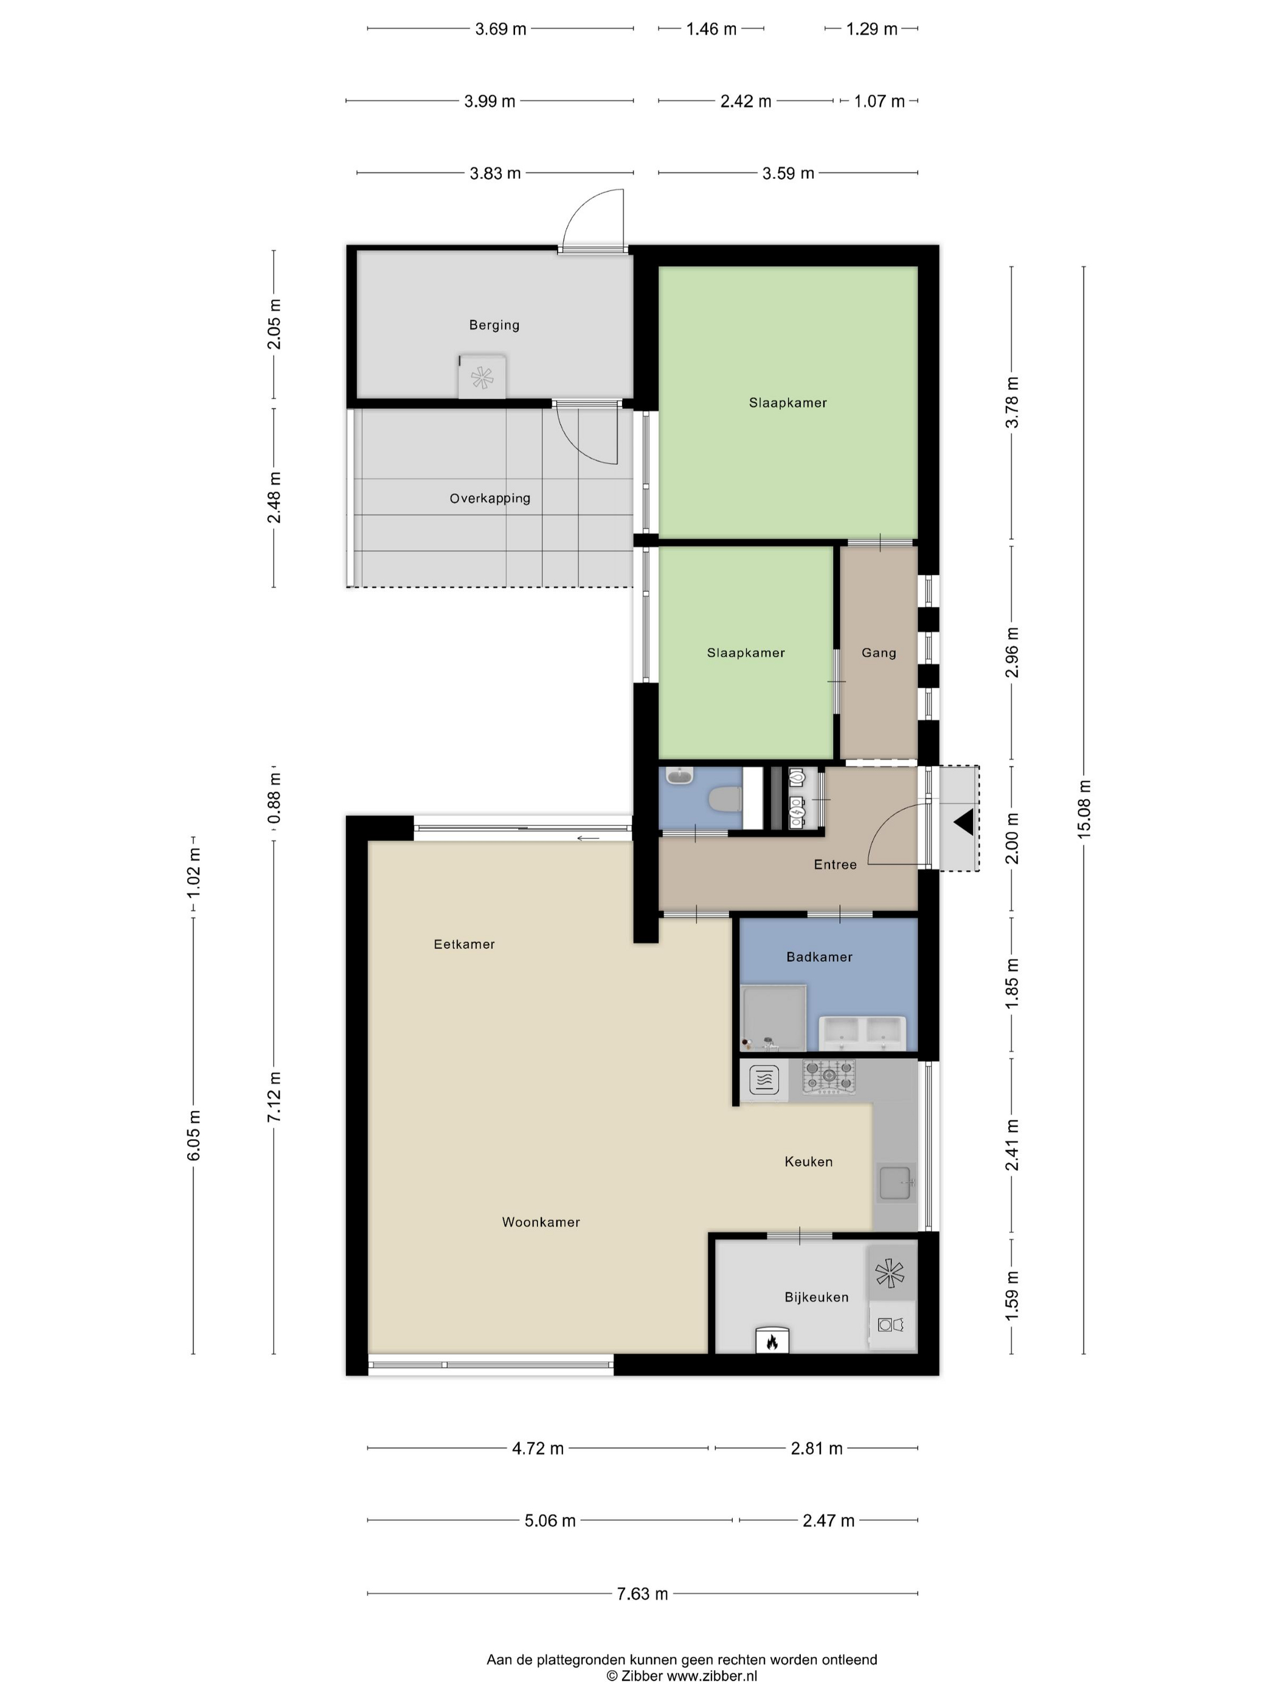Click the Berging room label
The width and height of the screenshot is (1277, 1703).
point(494,325)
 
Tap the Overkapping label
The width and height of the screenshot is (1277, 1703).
point(490,498)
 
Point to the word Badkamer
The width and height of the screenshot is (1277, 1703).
point(820,957)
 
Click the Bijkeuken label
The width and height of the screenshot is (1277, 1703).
point(817,1297)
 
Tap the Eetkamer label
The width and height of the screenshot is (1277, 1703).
point(464,944)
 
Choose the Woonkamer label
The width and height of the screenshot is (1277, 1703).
point(541,1222)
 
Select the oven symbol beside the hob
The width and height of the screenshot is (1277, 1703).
point(764,1080)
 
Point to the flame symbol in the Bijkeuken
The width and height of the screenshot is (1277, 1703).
point(771,1341)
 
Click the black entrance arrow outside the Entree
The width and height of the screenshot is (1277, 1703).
point(964,823)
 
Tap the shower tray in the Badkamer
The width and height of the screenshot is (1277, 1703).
point(773,1018)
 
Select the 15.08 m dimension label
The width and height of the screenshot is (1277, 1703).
point(1084,809)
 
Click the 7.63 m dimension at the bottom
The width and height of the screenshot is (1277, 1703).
point(643,1594)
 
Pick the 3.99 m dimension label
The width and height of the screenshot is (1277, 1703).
point(490,101)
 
